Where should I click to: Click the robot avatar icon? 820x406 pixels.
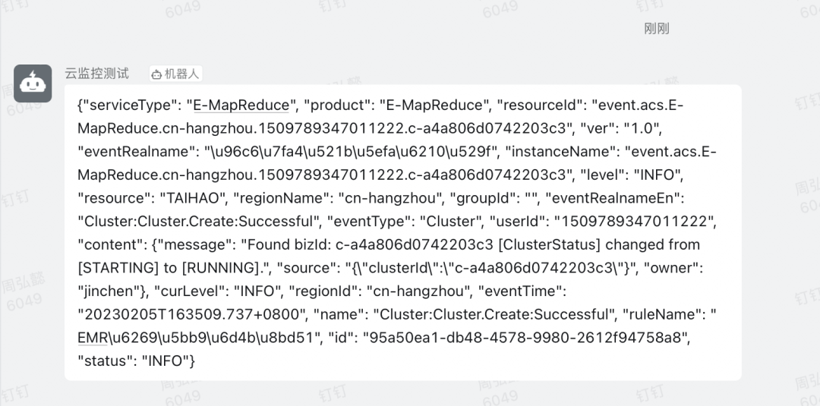33,83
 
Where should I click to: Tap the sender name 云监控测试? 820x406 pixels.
96,74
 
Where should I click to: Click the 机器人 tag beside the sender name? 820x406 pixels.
176,74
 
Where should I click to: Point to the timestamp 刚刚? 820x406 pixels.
656,29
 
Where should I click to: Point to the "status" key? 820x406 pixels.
105,361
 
